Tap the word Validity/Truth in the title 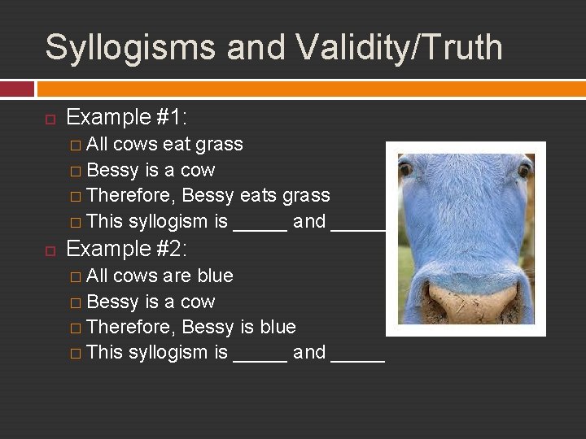click(x=399, y=47)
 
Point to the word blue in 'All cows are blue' click(x=215, y=276)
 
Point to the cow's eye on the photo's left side click(x=405, y=170)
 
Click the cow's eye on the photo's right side click(x=524, y=170)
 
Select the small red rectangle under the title click(x=17, y=89)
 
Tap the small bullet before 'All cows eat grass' click(x=75, y=146)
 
